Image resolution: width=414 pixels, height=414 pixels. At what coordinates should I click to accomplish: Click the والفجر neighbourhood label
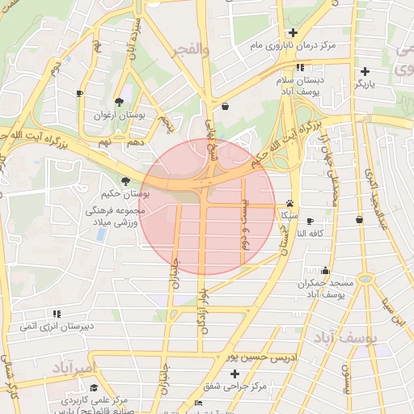pyautogui.click(x=192, y=50)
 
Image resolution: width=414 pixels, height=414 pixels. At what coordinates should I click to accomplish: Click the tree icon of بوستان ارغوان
pyautogui.click(x=120, y=102)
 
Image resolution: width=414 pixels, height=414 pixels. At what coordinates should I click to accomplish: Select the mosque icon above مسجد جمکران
pyautogui.click(x=325, y=271)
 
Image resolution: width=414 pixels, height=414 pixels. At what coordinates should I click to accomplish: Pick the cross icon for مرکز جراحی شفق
pyautogui.click(x=234, y=374)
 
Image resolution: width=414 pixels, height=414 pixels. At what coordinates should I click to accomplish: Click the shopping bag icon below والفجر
pyautogui.click(x=224, y=105)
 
